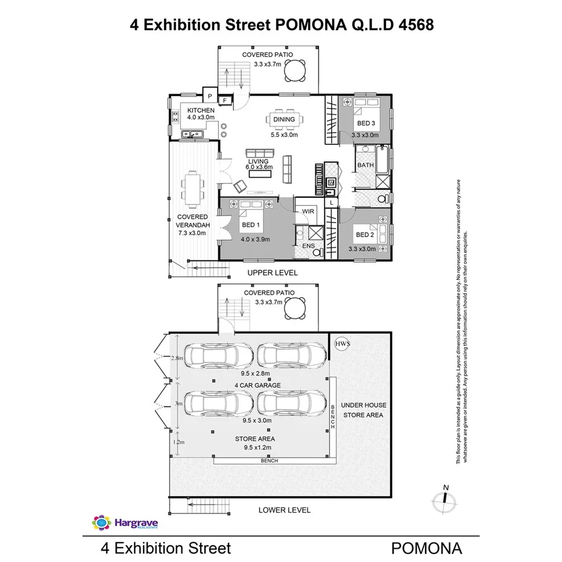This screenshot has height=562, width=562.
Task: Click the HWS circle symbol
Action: click(x=342, y=343)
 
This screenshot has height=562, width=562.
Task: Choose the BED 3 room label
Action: click(x=365, y=124)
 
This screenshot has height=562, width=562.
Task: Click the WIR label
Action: click(x=308, y=212)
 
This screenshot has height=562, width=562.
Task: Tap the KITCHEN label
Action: click(x=201, y=110)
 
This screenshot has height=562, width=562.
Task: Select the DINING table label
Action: click(x=284, y=119)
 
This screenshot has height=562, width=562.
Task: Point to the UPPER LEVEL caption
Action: click(x=273, y=273)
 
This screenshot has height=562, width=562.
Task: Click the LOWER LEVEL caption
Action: click(x=284, y=510)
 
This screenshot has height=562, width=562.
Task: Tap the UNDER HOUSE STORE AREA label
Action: click(x=364, y=409)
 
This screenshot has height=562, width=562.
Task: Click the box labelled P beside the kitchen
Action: click(x=209, y=96)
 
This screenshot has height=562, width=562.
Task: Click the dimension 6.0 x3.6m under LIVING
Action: click(x=259, y=167)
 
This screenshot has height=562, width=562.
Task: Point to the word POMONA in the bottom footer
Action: click(x=427, y=548)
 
